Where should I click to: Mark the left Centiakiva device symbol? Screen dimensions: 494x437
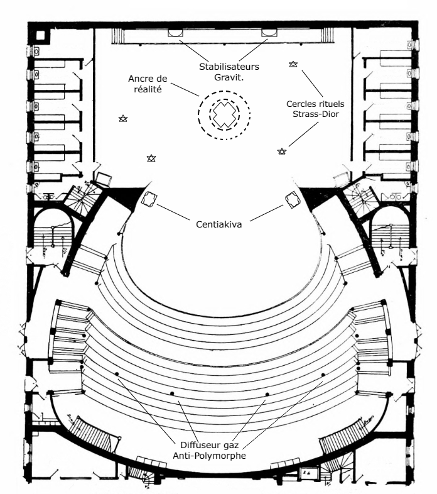[149, 200]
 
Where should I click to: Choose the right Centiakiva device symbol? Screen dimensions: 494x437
[292, 200]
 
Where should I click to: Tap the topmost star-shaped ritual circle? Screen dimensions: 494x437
[293, 64]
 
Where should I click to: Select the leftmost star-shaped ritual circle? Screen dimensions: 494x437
[123, 118]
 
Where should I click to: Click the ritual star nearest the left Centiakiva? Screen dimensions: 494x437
[151, 158]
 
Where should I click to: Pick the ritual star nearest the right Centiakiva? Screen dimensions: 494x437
[282, 151]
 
